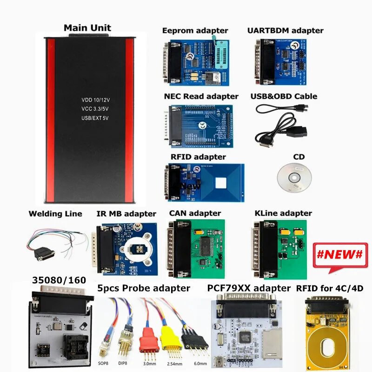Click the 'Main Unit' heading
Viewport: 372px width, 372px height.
click(88, 27)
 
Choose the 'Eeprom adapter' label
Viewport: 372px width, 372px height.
click(195, 31)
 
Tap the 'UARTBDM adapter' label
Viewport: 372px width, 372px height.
click(286, 31)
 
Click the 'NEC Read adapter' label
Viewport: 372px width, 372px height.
click(201, 96)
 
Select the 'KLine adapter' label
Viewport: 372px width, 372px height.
click(283, 213)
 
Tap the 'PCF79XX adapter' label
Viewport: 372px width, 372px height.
click(249, 288)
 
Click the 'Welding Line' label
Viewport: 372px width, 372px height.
click(55, 214)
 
